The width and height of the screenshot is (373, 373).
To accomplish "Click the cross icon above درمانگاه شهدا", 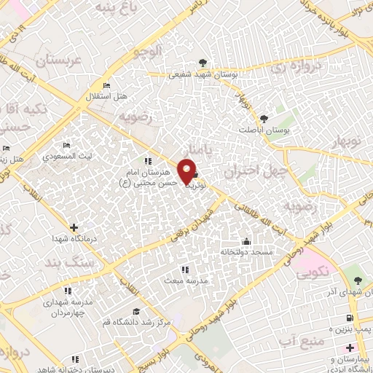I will pos(73,227).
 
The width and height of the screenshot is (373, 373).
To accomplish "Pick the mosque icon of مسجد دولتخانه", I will pos(246,242).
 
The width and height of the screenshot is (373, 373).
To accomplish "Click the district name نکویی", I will pos(313,274).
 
